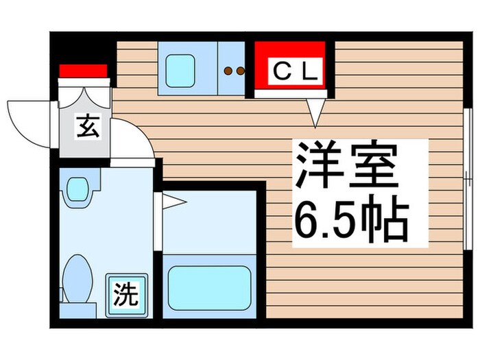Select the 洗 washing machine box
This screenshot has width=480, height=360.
(125, 295)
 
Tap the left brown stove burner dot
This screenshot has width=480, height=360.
(229, 70)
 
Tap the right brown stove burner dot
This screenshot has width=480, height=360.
(240, 70)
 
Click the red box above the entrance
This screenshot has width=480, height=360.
(83, 71)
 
